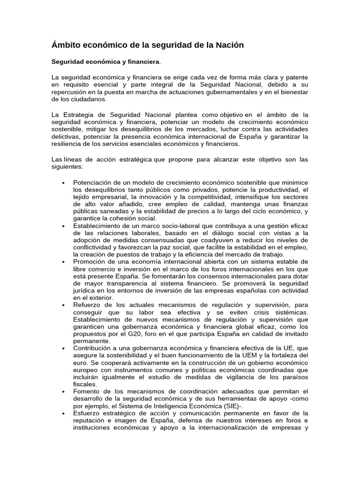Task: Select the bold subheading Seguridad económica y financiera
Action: point(105,61)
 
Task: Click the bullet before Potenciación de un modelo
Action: point(63,182)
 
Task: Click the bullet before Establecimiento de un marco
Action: point(63,226)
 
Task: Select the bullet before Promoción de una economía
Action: point(63,262)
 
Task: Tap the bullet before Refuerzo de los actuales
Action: point(63,305)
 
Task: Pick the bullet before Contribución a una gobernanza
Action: point(63,349)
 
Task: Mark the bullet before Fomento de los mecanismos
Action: point(63,392)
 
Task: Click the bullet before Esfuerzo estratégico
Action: point(63,413)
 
